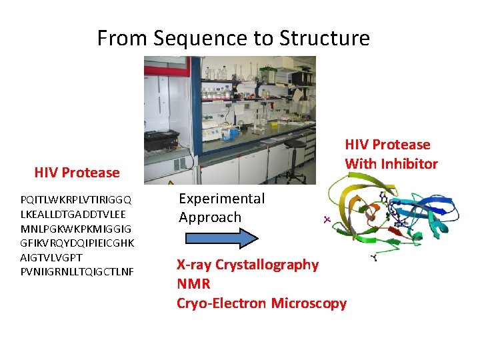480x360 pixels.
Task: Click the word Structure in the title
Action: click(x=325, y=39)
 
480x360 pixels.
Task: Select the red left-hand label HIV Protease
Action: click(x=77, y=173)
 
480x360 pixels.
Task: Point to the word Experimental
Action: click(x=221, y=199)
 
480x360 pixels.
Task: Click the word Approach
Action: click(x=209, y=217)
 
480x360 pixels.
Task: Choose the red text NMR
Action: click(x=193, y=284)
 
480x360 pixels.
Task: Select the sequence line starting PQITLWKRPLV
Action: click(x=76, y=199)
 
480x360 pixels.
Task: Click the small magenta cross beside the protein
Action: click(x=328, y=219)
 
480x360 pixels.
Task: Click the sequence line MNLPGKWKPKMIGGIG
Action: click(x=77, y=229)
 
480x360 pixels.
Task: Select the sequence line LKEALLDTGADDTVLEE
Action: click(x=73, y=214)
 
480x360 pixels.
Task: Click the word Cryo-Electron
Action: click(x=221, y=303)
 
